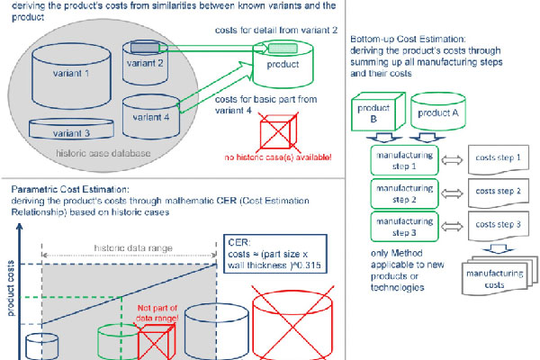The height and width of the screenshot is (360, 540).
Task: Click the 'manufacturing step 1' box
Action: [402, 159]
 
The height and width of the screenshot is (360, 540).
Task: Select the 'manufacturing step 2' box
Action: [402, 193]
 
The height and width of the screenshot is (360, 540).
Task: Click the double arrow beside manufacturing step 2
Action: [453, 193]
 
